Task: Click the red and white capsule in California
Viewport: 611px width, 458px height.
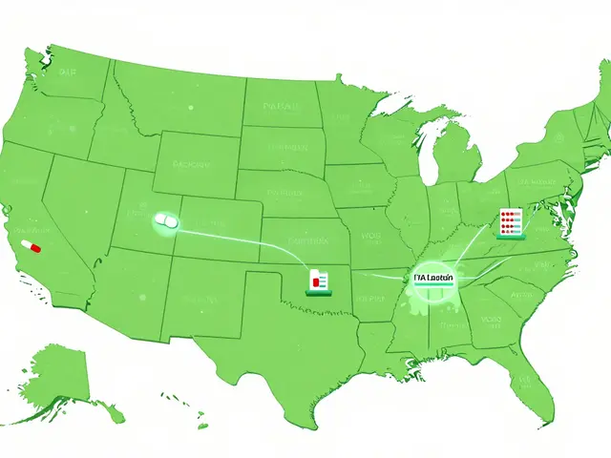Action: [32, 246]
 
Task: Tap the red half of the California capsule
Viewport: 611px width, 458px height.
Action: [35, 247]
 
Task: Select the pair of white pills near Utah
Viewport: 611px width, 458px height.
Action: [165, 220]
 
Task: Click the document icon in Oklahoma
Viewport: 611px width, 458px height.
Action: [319, 279]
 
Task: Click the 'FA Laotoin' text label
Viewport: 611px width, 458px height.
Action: [433, 279]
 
